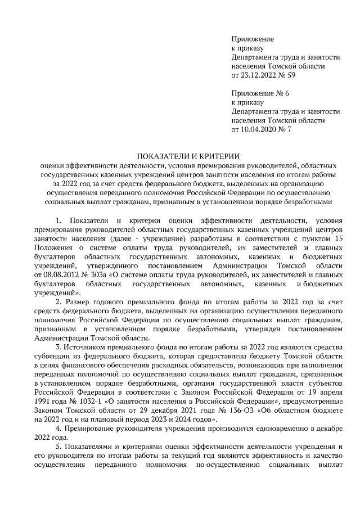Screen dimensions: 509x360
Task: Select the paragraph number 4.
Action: (58, 429)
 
